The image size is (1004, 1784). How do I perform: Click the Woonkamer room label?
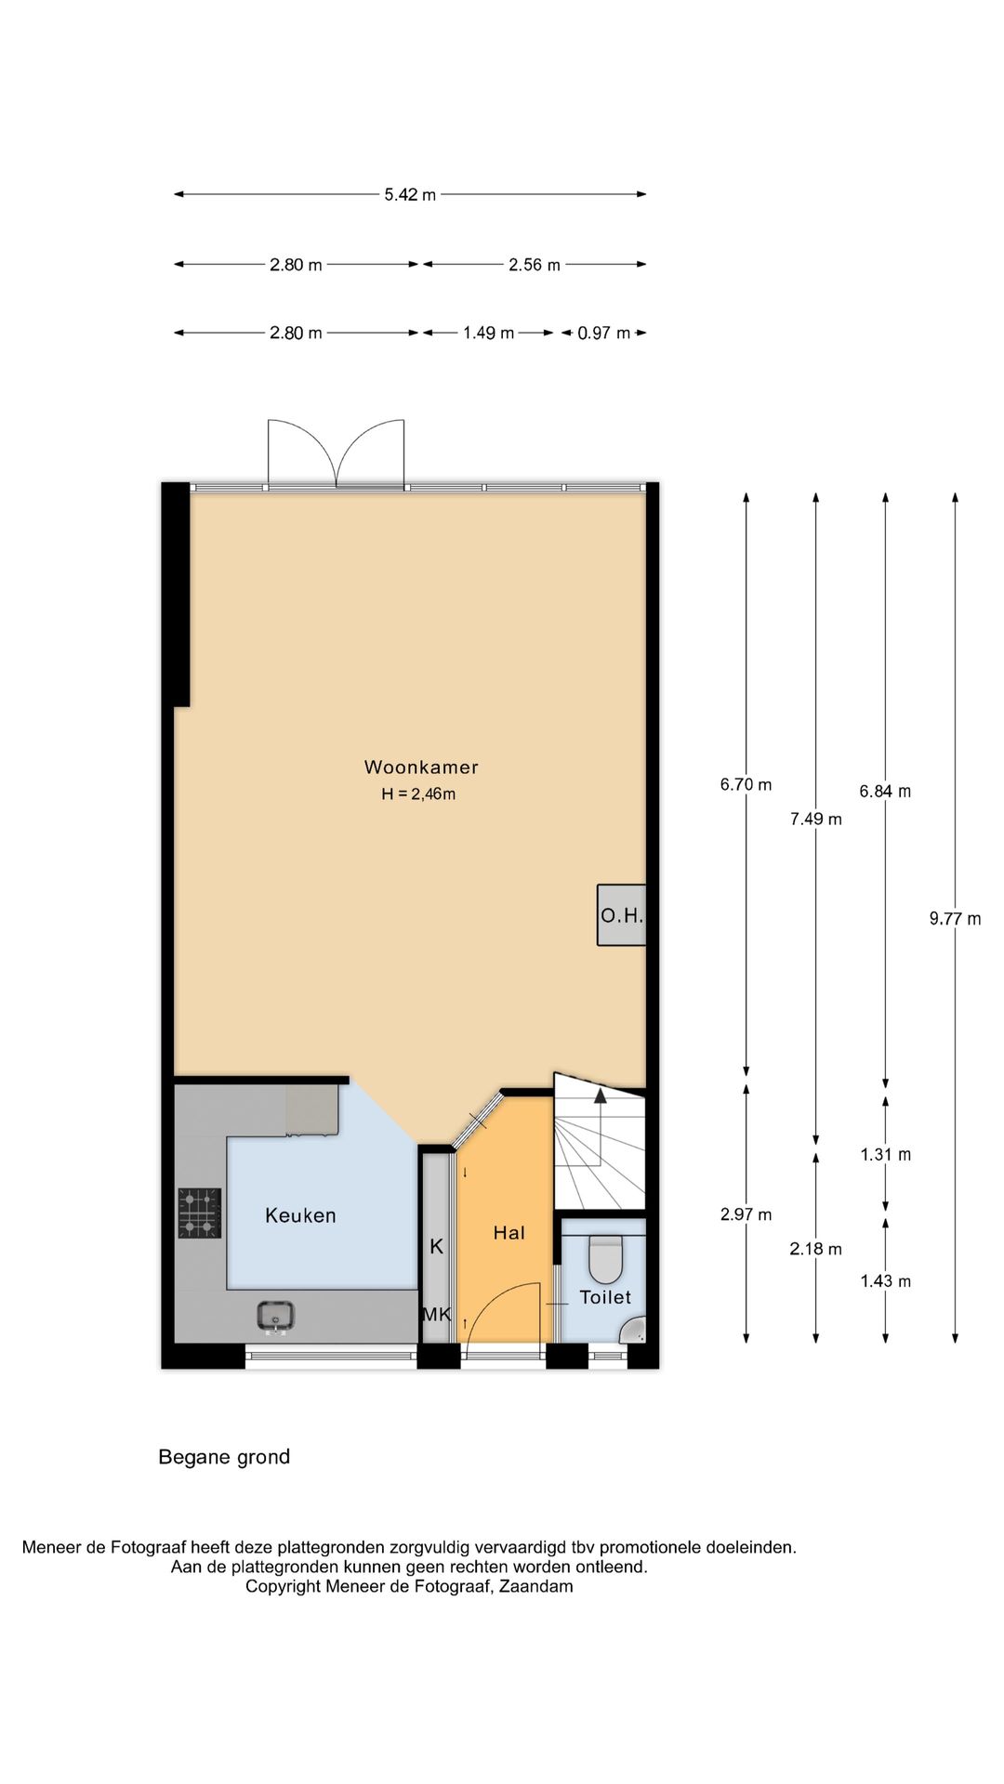[421, 767]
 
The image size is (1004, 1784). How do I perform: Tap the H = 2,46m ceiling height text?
[418, 794]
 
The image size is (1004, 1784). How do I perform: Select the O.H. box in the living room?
[621, 915]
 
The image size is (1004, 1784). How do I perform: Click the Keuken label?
[300, 1215]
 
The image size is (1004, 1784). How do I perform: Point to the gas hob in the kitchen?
[200, 1213]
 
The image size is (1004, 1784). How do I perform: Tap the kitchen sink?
[276, 1317]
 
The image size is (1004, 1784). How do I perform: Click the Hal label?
[509, 1233]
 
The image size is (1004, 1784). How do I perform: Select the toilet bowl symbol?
[606, 1259]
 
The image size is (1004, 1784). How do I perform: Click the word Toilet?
[605, 1297]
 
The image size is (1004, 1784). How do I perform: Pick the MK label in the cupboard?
[437, 1315]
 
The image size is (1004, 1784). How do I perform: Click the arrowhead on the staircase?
[601, 1095]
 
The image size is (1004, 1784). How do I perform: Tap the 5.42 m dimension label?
[410, 195]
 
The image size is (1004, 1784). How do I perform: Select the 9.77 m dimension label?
[955, 919]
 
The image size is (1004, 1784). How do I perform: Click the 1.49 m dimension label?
[489, 333]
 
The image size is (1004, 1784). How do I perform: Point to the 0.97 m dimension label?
[604, 333]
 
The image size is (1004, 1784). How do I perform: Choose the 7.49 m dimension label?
[816, 819]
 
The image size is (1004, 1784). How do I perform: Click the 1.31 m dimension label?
[886, 1155]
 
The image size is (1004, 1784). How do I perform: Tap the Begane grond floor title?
[224, 1457]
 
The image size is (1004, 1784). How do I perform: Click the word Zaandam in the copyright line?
[536, 1586]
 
